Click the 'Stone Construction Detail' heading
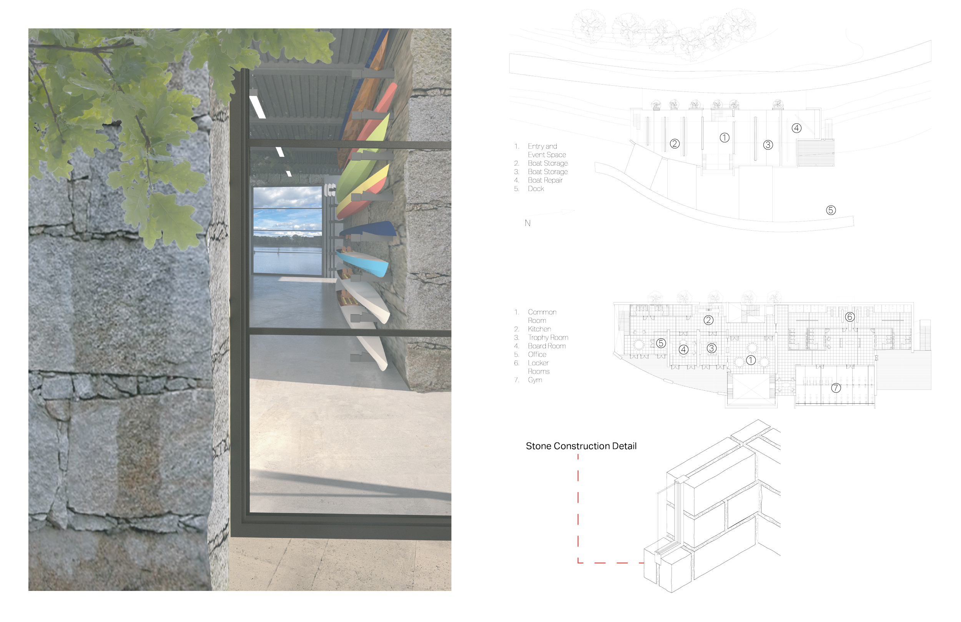pyautogui.click(x=581, y=446)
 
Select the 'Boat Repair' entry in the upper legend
pyautogui.click(x=545, y=180)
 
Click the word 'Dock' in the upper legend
pyautogui.click(x=536, y=189)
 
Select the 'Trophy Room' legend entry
pyautogui.click(x=547, y=337)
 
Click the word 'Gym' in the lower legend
pyautogui.click(x=535, y=380)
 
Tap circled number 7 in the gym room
pyautogui.click(x=835, y=388)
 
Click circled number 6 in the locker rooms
pyautogui.click(x=850, y=317)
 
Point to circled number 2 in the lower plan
pyautogui.click(x=708, y=320)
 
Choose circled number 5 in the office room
pyautogui.click(x=660, y=343)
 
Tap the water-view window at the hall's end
pyautogui.click(x=287, y=230)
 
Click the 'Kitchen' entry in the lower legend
pyautogui.click(x=539, y=329)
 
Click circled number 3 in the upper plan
pyautogui.click(x=768, y=145)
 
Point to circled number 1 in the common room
pyautogui.click(x=750, y=359)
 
